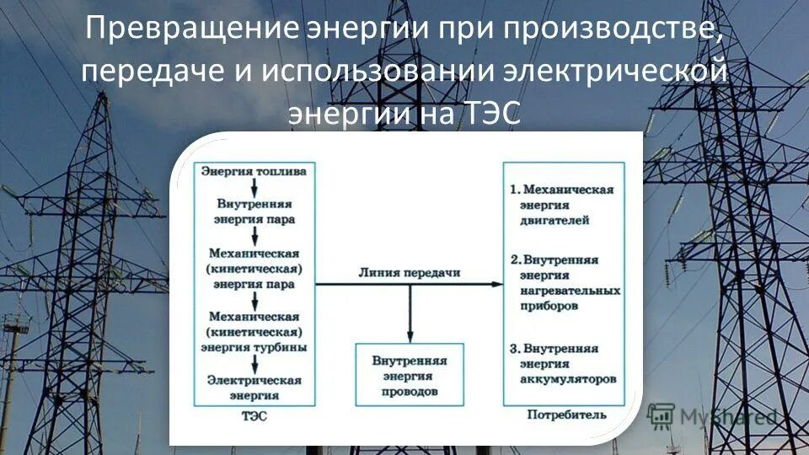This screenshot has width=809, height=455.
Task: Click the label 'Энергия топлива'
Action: click(x=254, y=171)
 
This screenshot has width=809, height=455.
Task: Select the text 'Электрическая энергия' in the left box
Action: click(x=254, y=387)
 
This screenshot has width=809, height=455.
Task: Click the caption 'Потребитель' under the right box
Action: click(x=565, y=415)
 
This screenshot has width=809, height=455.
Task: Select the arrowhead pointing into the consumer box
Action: click(x=498, y=285)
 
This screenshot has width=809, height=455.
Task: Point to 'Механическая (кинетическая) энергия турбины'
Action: click(x=254, y=331)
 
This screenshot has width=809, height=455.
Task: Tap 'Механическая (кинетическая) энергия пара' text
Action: click(x=254, y=267)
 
